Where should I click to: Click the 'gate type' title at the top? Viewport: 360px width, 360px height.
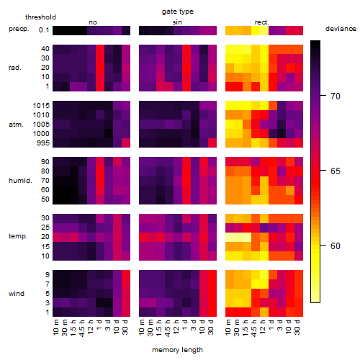[x=178, y=12]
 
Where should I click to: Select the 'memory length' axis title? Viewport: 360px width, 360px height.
[x=177, y=350]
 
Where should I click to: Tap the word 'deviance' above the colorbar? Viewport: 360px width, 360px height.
[x=341, y=29]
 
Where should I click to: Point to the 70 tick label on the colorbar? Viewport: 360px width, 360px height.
[x=336, y=96]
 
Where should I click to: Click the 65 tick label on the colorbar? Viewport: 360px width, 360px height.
[x=336, y=171]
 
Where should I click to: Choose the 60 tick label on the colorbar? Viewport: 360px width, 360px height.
[x=336, y=246]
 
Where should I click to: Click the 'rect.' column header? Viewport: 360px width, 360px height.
[x=261, y=22]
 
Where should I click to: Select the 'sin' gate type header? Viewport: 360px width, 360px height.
[x=177, y=22]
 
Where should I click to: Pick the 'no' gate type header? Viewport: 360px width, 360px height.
[x=93, y=22]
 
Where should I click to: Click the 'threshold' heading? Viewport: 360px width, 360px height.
[x=40, y=17]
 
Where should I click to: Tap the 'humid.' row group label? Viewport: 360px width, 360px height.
[x=20, y=181]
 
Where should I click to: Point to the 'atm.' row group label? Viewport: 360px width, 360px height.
[x=16, y=125]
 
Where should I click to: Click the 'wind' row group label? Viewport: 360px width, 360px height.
[x=17, y=294]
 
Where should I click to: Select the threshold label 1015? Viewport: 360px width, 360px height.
[x=41, y=106]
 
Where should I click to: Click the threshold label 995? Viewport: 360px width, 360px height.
[x=43, y=143]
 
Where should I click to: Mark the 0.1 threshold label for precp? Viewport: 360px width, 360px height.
[x=44, y=30]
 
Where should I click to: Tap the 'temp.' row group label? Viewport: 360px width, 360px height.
[x=18, y=236]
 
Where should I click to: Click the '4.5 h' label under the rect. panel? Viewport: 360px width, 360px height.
[x=254, y=328]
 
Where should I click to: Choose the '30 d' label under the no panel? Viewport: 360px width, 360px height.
[x=125, y=327]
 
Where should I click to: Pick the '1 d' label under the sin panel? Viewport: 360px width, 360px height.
[x=185, y=325]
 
